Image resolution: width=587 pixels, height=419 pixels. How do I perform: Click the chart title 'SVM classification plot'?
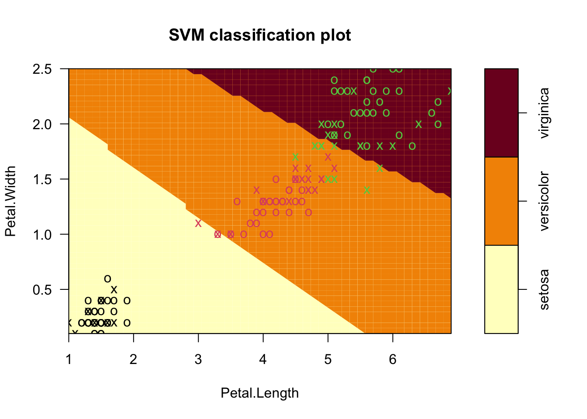pyautogui.click(x=260, y=35)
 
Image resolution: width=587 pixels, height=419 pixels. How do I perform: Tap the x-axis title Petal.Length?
pyautogui.click(x=259, y=393)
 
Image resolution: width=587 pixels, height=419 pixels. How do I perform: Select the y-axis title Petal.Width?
pyautogui.click(x=10, y=201)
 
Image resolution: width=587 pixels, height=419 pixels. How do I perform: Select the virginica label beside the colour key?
pyautogui.click(x=544, y=113)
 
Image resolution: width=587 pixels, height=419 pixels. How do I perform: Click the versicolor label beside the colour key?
pyautogui.click(x=544, y=201)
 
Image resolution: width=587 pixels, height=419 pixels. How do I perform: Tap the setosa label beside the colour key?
pyautogui.click(x=544, y=289)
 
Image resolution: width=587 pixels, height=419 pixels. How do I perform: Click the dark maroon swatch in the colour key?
pyautogui.click(x=501, y=113)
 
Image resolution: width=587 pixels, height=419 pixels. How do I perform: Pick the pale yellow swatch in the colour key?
pyautogui.click(x=501, y=289)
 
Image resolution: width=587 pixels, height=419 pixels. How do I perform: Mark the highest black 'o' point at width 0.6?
pyautogui.click(x=107, y=278)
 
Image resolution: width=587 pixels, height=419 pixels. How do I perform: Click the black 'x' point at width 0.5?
pyautogui.click(x=114, y=289)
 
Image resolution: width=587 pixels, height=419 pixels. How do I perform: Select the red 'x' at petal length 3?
pyautogui.click(x=198, y=223)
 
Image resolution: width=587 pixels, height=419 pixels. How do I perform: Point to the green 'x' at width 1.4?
pyautogui.click(x=367, y=190)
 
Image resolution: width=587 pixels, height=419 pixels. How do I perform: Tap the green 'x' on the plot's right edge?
pyautogui.click(x=449, y=91)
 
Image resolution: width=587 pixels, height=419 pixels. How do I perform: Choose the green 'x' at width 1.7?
pyautogui.click(x=296, y=157)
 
